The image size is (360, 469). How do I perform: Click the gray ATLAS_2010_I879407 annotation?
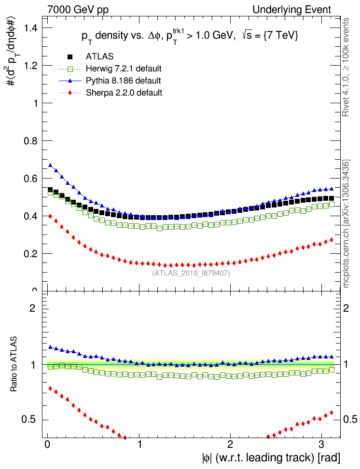[x=191, y=273]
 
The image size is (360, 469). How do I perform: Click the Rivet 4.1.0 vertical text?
[x=346, y=68]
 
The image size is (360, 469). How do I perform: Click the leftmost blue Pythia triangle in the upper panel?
[x=50, y=166]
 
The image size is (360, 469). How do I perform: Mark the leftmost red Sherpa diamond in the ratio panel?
[x=50, y=387]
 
